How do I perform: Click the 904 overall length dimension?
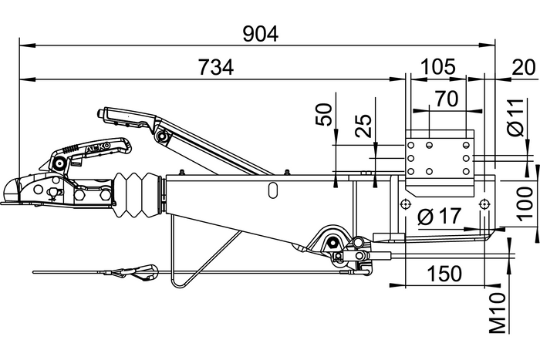point(259,33)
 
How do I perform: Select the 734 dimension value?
point(217,69)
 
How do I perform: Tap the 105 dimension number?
point(438,67)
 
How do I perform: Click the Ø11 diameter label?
point(518,119)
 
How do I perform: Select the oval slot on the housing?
point(273,189)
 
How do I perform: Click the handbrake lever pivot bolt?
point(163,136)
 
